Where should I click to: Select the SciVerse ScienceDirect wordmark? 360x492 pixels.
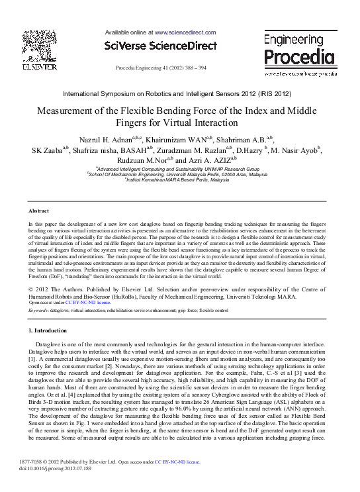(x=161, y=46)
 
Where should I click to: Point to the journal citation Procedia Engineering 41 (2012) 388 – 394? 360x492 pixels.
(x=161, y=68)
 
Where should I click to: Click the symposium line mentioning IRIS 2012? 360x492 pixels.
(x=180, y=95)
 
